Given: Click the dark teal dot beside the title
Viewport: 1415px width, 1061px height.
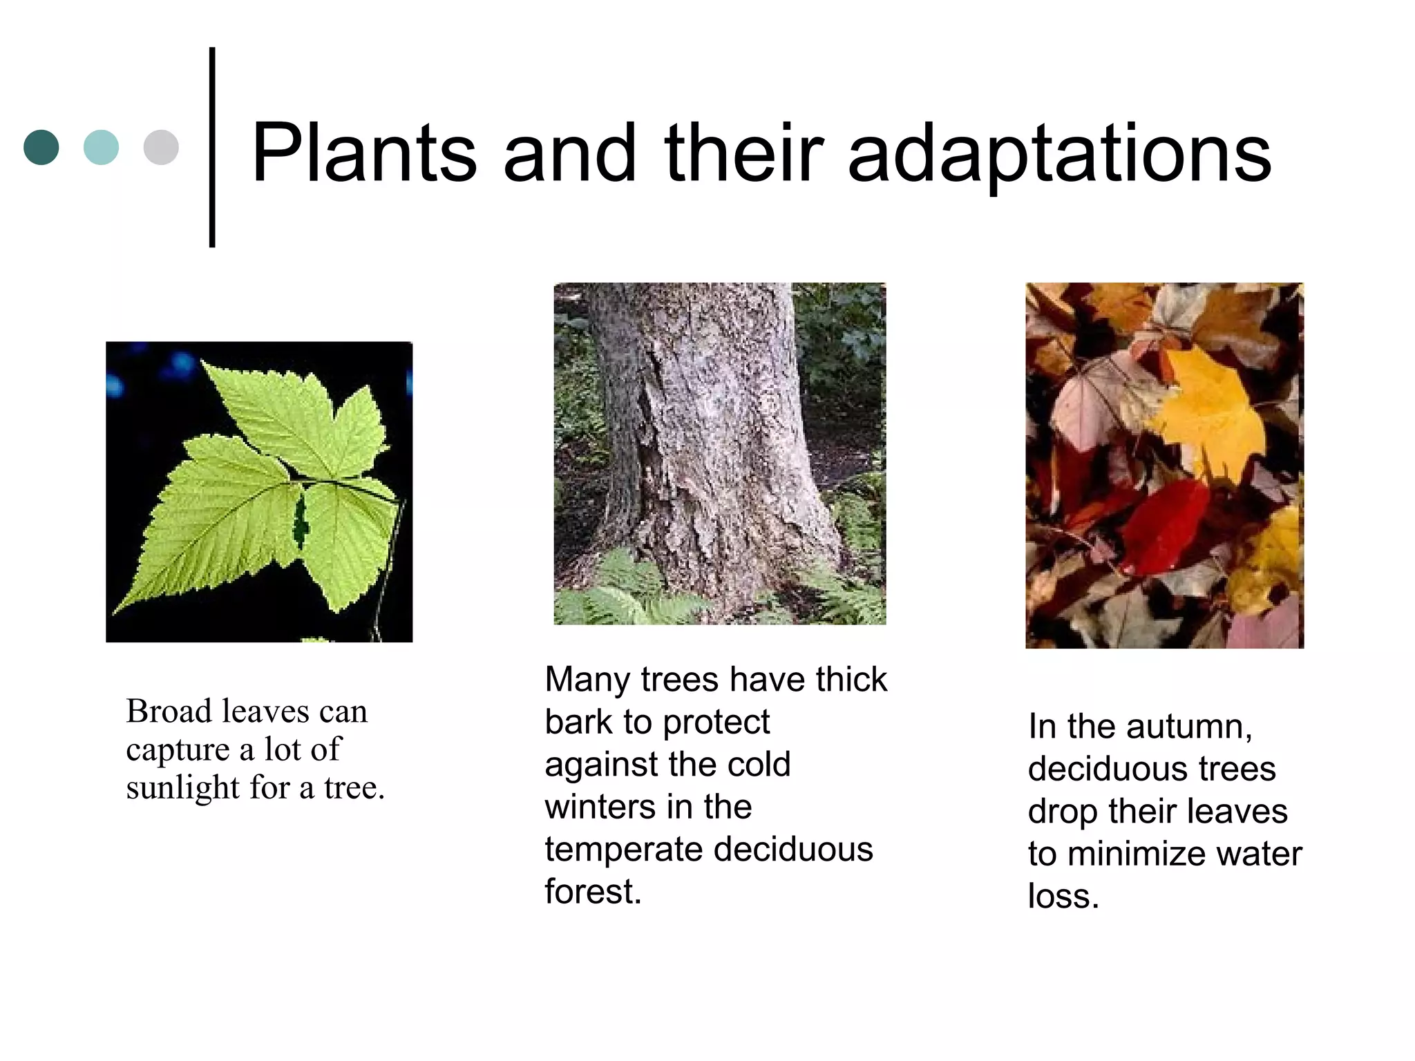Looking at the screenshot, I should (x=41, y=147).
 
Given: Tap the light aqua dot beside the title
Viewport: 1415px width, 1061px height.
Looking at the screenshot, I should (x=101, y=147).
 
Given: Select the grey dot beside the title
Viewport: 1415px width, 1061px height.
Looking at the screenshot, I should (x=161, y=147).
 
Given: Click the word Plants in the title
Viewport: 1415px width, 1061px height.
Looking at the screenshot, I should (x=364, y=153).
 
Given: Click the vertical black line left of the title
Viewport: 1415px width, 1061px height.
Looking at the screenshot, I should (x=212, y=147).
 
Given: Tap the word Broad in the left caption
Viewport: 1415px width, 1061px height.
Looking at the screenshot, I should (x=169, y=711).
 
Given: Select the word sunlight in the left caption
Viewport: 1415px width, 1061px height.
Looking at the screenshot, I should (x=183, y=788).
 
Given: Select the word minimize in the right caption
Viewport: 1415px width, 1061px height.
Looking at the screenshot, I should (x=1137, y=854).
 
